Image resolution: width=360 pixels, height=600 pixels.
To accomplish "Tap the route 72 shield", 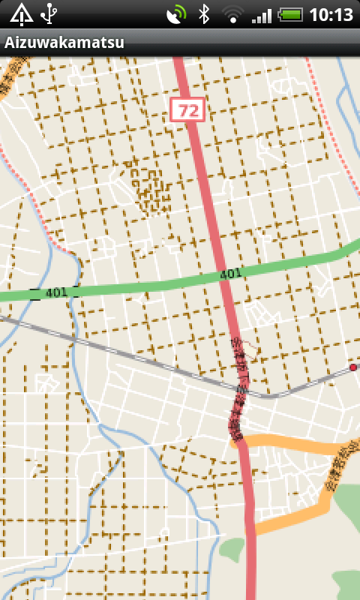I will click(187, 110).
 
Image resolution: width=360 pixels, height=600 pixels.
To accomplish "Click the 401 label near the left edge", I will click(55, 292).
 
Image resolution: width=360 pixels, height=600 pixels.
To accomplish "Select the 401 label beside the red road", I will click(230, 275).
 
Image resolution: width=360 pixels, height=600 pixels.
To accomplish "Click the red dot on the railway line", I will click(352, 367).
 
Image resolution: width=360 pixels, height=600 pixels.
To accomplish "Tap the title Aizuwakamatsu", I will click(64, 43).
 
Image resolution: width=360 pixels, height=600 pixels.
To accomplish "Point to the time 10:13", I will click(330, 14).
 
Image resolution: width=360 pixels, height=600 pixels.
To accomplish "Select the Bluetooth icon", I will click(203, 14).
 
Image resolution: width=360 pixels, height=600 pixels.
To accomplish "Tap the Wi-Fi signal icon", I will click(234, 14).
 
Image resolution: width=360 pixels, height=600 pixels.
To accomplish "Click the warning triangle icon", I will click(21, 13).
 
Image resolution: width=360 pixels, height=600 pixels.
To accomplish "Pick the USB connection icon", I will click(49, 13).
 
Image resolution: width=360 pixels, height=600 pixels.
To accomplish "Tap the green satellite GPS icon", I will click(177, 14).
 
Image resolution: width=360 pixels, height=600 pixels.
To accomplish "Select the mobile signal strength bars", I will click(262, 14).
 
